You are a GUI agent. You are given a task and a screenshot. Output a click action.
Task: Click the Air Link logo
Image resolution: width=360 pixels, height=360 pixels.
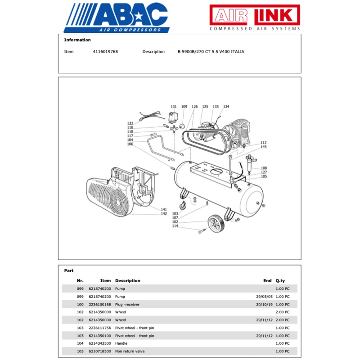click(254, 18)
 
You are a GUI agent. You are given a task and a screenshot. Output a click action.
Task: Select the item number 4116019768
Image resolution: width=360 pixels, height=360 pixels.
click(105, 52)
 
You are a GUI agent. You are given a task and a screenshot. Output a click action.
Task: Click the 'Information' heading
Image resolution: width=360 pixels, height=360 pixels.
click(77, 40)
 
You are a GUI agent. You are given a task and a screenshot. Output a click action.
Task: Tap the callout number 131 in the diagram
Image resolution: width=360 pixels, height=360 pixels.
click(174, 107)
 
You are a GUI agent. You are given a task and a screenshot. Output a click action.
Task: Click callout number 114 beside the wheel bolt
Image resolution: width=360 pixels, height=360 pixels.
click(175, 226)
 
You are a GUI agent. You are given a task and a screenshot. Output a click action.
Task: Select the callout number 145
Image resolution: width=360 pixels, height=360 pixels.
click(264, 147)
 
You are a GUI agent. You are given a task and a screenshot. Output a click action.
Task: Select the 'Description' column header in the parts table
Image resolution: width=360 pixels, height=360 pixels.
click(128, 281)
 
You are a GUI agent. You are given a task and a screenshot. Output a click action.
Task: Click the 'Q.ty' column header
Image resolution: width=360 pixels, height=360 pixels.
click(280, 281)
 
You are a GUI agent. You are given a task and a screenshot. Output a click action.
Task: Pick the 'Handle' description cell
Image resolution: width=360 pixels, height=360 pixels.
click(122, 343)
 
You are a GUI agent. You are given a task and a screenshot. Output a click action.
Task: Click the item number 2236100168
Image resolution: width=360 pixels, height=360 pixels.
click(99, 305)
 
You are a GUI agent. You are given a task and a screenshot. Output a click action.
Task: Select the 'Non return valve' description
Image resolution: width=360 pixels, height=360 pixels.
click(130, 351)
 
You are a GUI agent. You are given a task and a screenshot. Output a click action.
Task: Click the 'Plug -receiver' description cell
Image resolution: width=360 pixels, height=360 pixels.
click(128, 305)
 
